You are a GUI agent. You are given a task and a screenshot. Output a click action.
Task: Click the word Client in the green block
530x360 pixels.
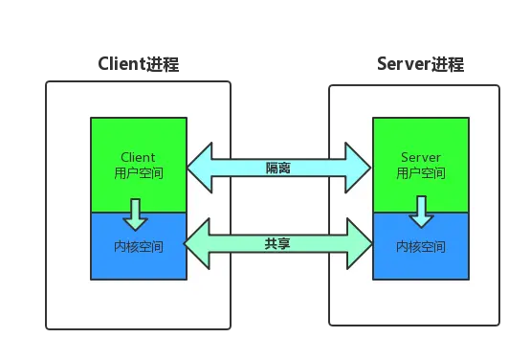point(138,157)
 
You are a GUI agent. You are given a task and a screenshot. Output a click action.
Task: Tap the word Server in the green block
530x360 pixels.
point(421,157)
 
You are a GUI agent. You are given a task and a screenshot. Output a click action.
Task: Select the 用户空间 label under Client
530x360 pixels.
point(138,173)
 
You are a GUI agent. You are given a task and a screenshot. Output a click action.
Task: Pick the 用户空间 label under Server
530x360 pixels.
point(421,173)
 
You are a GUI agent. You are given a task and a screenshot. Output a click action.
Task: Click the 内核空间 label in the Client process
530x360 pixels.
point(138,246)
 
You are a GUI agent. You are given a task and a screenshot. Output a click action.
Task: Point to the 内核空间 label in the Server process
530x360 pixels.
point(421,246)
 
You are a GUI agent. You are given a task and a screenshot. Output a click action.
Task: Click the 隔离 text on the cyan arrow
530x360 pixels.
point(278,168)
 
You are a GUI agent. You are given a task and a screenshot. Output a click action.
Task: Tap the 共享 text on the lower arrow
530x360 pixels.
point(278,243)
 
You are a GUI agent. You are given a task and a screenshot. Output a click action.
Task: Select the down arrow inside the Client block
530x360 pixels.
point(137,214)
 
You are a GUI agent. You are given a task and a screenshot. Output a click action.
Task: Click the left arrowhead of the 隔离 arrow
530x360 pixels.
point(199,168)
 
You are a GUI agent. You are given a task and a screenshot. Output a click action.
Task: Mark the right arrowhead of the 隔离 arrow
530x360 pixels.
point(358,168)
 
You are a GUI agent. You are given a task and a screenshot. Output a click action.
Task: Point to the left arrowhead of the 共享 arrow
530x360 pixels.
point(199,243)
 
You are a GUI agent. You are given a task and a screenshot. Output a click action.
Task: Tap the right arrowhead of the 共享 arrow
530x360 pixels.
point(358,243)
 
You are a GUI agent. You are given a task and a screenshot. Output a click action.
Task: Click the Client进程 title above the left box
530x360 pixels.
point(138,65)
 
